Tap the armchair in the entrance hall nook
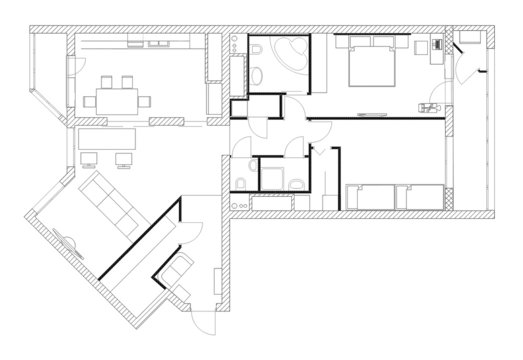[x=179, y=272]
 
